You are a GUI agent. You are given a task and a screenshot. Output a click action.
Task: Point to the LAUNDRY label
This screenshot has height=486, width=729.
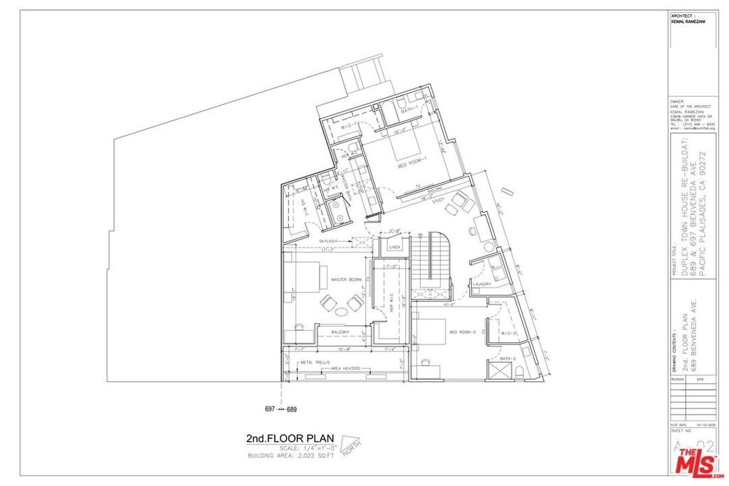click(x=482, y=285)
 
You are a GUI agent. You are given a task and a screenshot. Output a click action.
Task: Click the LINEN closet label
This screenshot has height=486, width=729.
click(x=395, y=247)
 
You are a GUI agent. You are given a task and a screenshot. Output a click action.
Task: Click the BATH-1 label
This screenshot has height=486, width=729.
click(x=408, y=111)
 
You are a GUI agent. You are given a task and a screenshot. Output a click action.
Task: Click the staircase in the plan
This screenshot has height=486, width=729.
click(x=431, y=260)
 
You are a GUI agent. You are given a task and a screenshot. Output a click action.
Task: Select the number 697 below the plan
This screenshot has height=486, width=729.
click(x=271, y=409)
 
